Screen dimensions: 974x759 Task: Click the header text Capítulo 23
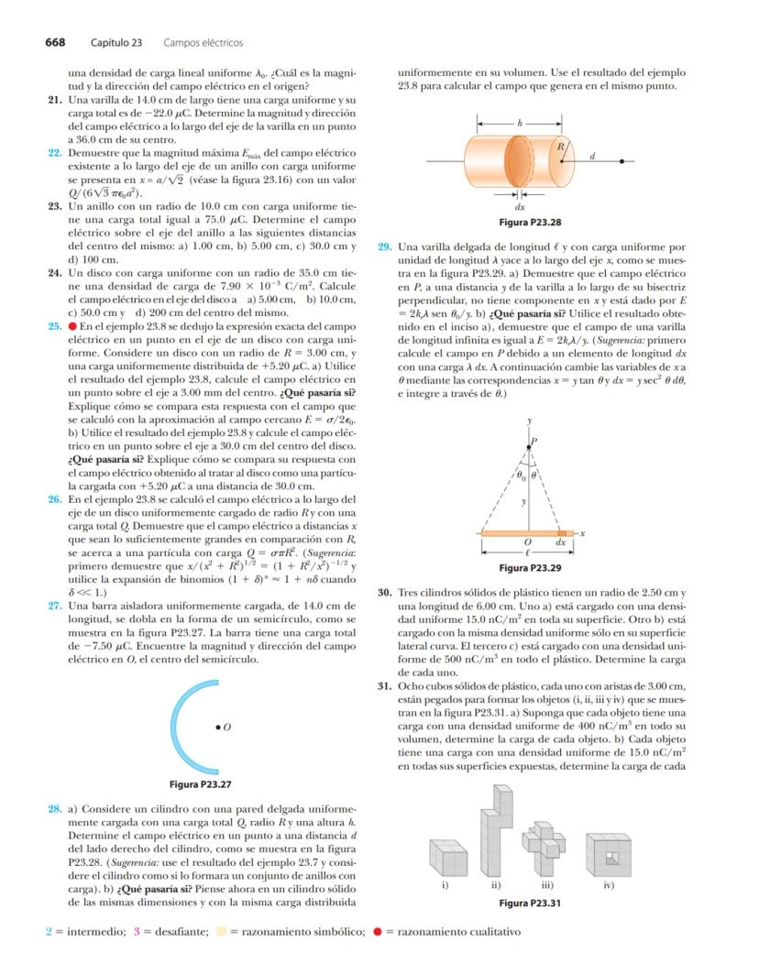[116, 42]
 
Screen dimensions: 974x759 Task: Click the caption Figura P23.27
[200, 784]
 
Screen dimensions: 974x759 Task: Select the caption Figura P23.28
[529, 223]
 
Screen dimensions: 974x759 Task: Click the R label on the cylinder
[561, 147]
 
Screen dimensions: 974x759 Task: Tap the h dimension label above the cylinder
[519, 121]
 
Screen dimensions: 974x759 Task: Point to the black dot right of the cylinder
[622, 160]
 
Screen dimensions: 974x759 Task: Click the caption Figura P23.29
[529, 568]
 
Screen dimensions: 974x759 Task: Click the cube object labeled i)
[445, 858]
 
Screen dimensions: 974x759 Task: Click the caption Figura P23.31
[529, 903]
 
